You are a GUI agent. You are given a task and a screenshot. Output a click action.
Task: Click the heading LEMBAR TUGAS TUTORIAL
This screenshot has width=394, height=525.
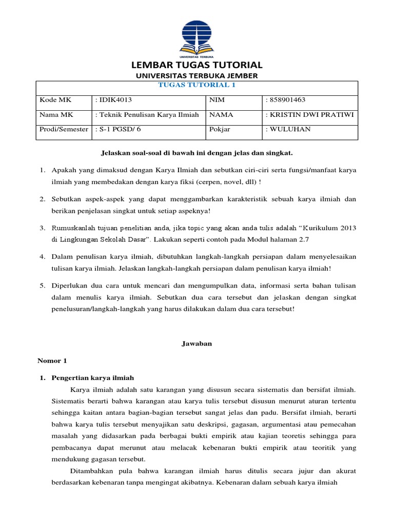[x=197, y=65]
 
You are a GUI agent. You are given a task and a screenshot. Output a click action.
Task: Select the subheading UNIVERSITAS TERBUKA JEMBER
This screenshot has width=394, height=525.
[x=197, y=76]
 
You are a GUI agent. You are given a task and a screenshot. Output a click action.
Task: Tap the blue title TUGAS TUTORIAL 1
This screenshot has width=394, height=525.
[x=197, y=85]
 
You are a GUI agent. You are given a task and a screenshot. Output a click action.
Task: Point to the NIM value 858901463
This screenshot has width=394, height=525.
[x=287, y=100]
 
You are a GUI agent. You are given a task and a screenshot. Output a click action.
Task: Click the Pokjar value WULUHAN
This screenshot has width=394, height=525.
[x=289, y=129]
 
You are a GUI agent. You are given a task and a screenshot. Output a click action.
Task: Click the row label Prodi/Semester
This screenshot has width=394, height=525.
[x=64, y=129]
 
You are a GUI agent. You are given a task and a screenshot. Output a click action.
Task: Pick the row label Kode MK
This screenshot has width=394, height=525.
[x=53, y=100]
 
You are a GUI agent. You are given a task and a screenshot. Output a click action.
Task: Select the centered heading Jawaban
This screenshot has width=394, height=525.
[x=197, y=344]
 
